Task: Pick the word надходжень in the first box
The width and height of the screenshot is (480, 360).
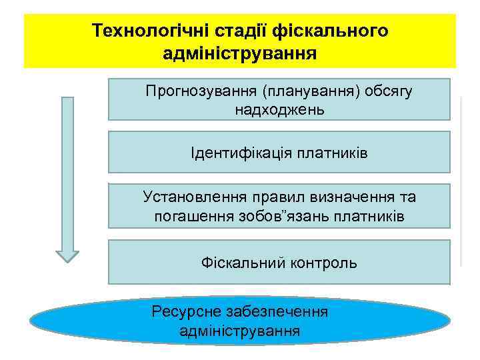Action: [x=279, y=109]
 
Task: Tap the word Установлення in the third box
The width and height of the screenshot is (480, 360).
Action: [x=193, y=197]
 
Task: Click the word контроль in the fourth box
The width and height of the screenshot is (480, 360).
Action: [x=324, y=263]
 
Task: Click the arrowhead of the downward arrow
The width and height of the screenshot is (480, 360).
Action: [x=67, y=256]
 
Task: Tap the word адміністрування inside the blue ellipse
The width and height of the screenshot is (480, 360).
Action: [x=239, y=331]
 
